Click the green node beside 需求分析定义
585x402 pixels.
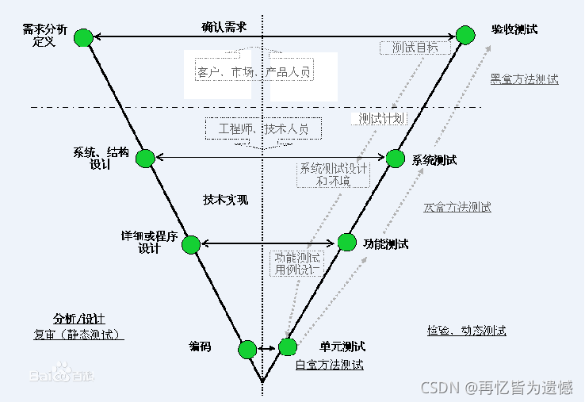click(x=83, y=36)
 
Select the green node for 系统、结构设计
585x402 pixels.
click(x=145, y=159)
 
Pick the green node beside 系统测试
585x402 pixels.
click(x=396, y=158)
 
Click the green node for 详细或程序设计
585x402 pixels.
click(x=190, y=243)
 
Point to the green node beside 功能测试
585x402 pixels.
click(x=347, y=242)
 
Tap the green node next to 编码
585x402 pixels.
click(x=247, y=349)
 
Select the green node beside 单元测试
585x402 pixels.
click(x=287, y=346)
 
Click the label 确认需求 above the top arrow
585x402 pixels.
click(x=224, y=26)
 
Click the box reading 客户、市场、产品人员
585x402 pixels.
click(x=254, y=72)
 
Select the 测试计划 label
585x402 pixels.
click(x=379, y=118)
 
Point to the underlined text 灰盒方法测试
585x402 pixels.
click(x=457, y=207)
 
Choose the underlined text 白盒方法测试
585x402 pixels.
click(x=329, y=365)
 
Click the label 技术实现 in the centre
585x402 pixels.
click(x=225, y=200)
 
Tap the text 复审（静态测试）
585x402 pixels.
click(x=78, y=334)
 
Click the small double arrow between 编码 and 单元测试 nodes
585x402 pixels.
click(x=267, y=348)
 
